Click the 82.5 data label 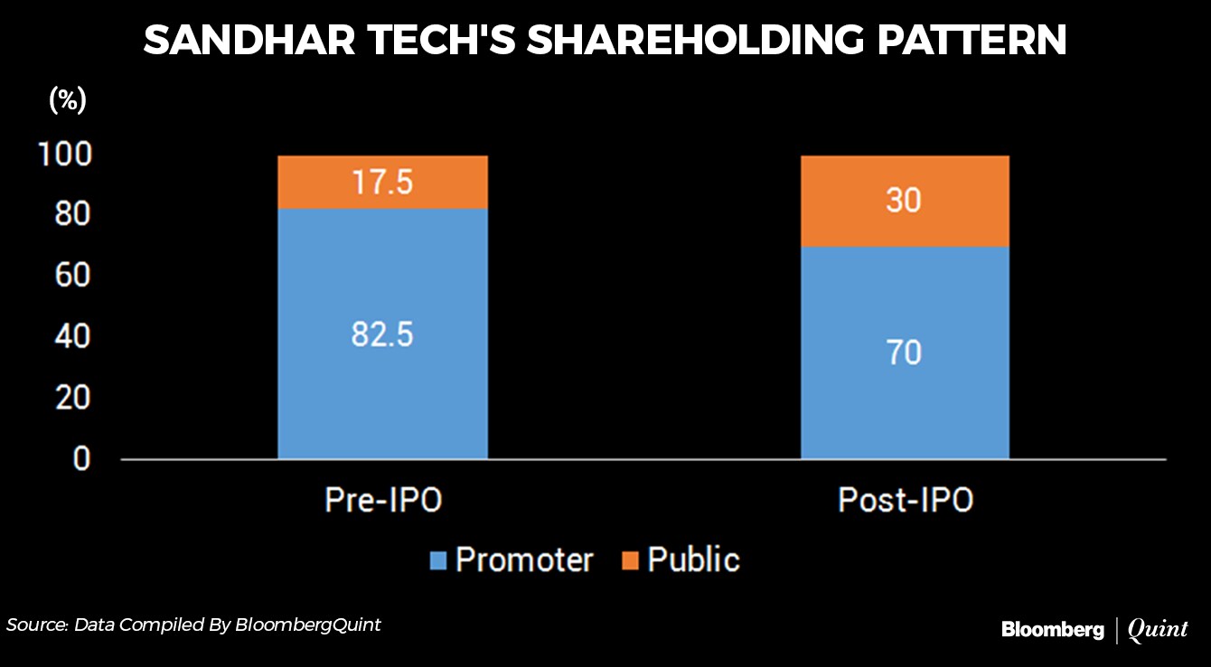pyautogui.click(x=382, y=335)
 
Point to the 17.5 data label pyautogui.click(x=382, y=183)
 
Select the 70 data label pyautogui.click(x=905, y=352)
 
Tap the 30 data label pyautogui.click(x=905, y=200)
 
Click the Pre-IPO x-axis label pyautogui.click(x=383, y=501)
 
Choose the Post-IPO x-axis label pyautogui.click(x=906, y=501)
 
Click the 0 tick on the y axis pyautogui.click(x=81, y=458)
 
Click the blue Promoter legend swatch pyautogui.click(x=438, y=561)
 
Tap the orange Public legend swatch pyautogui.click(x=631, y=561)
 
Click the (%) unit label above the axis pyautogui.click(x=67, y=100)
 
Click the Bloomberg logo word pyautogui.click(x=1052, y=630)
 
